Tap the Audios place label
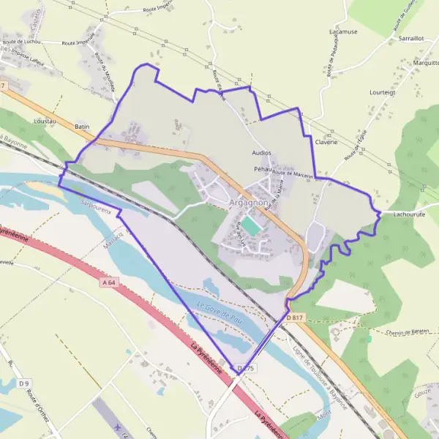(x=261, y=153)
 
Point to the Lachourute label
(x=409, y=214)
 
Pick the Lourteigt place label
(x=382, y=93)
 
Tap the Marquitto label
(x=425, y=63)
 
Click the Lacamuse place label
(x=343, y=32)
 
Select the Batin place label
(x=82, y=127)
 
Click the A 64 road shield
(x=110, y=282)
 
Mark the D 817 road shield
(x=294, y=317)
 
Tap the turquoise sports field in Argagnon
(x=251, y=226)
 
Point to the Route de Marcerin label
(x=293, y=175)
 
